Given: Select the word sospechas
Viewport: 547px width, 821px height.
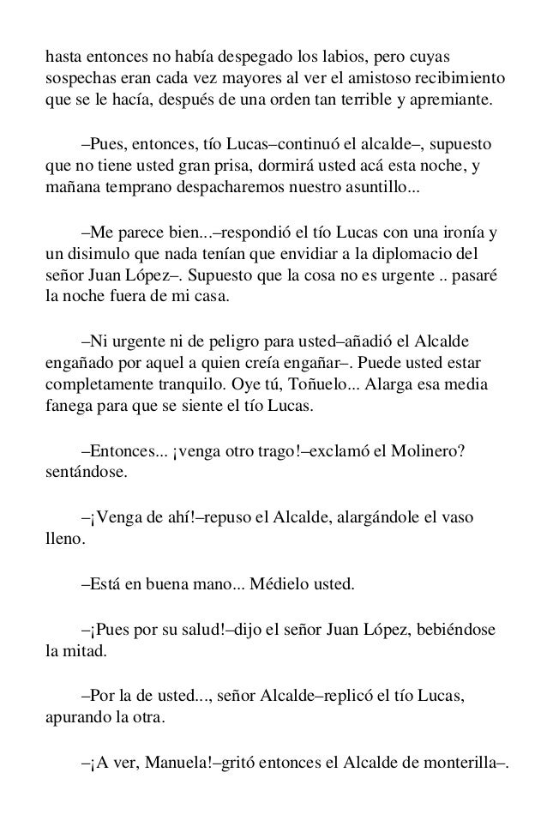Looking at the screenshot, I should [x=77, y=78].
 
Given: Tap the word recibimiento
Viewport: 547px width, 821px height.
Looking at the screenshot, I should [x=461, y=78].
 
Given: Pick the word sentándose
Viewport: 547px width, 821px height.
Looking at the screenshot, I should [x=83, y=472].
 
